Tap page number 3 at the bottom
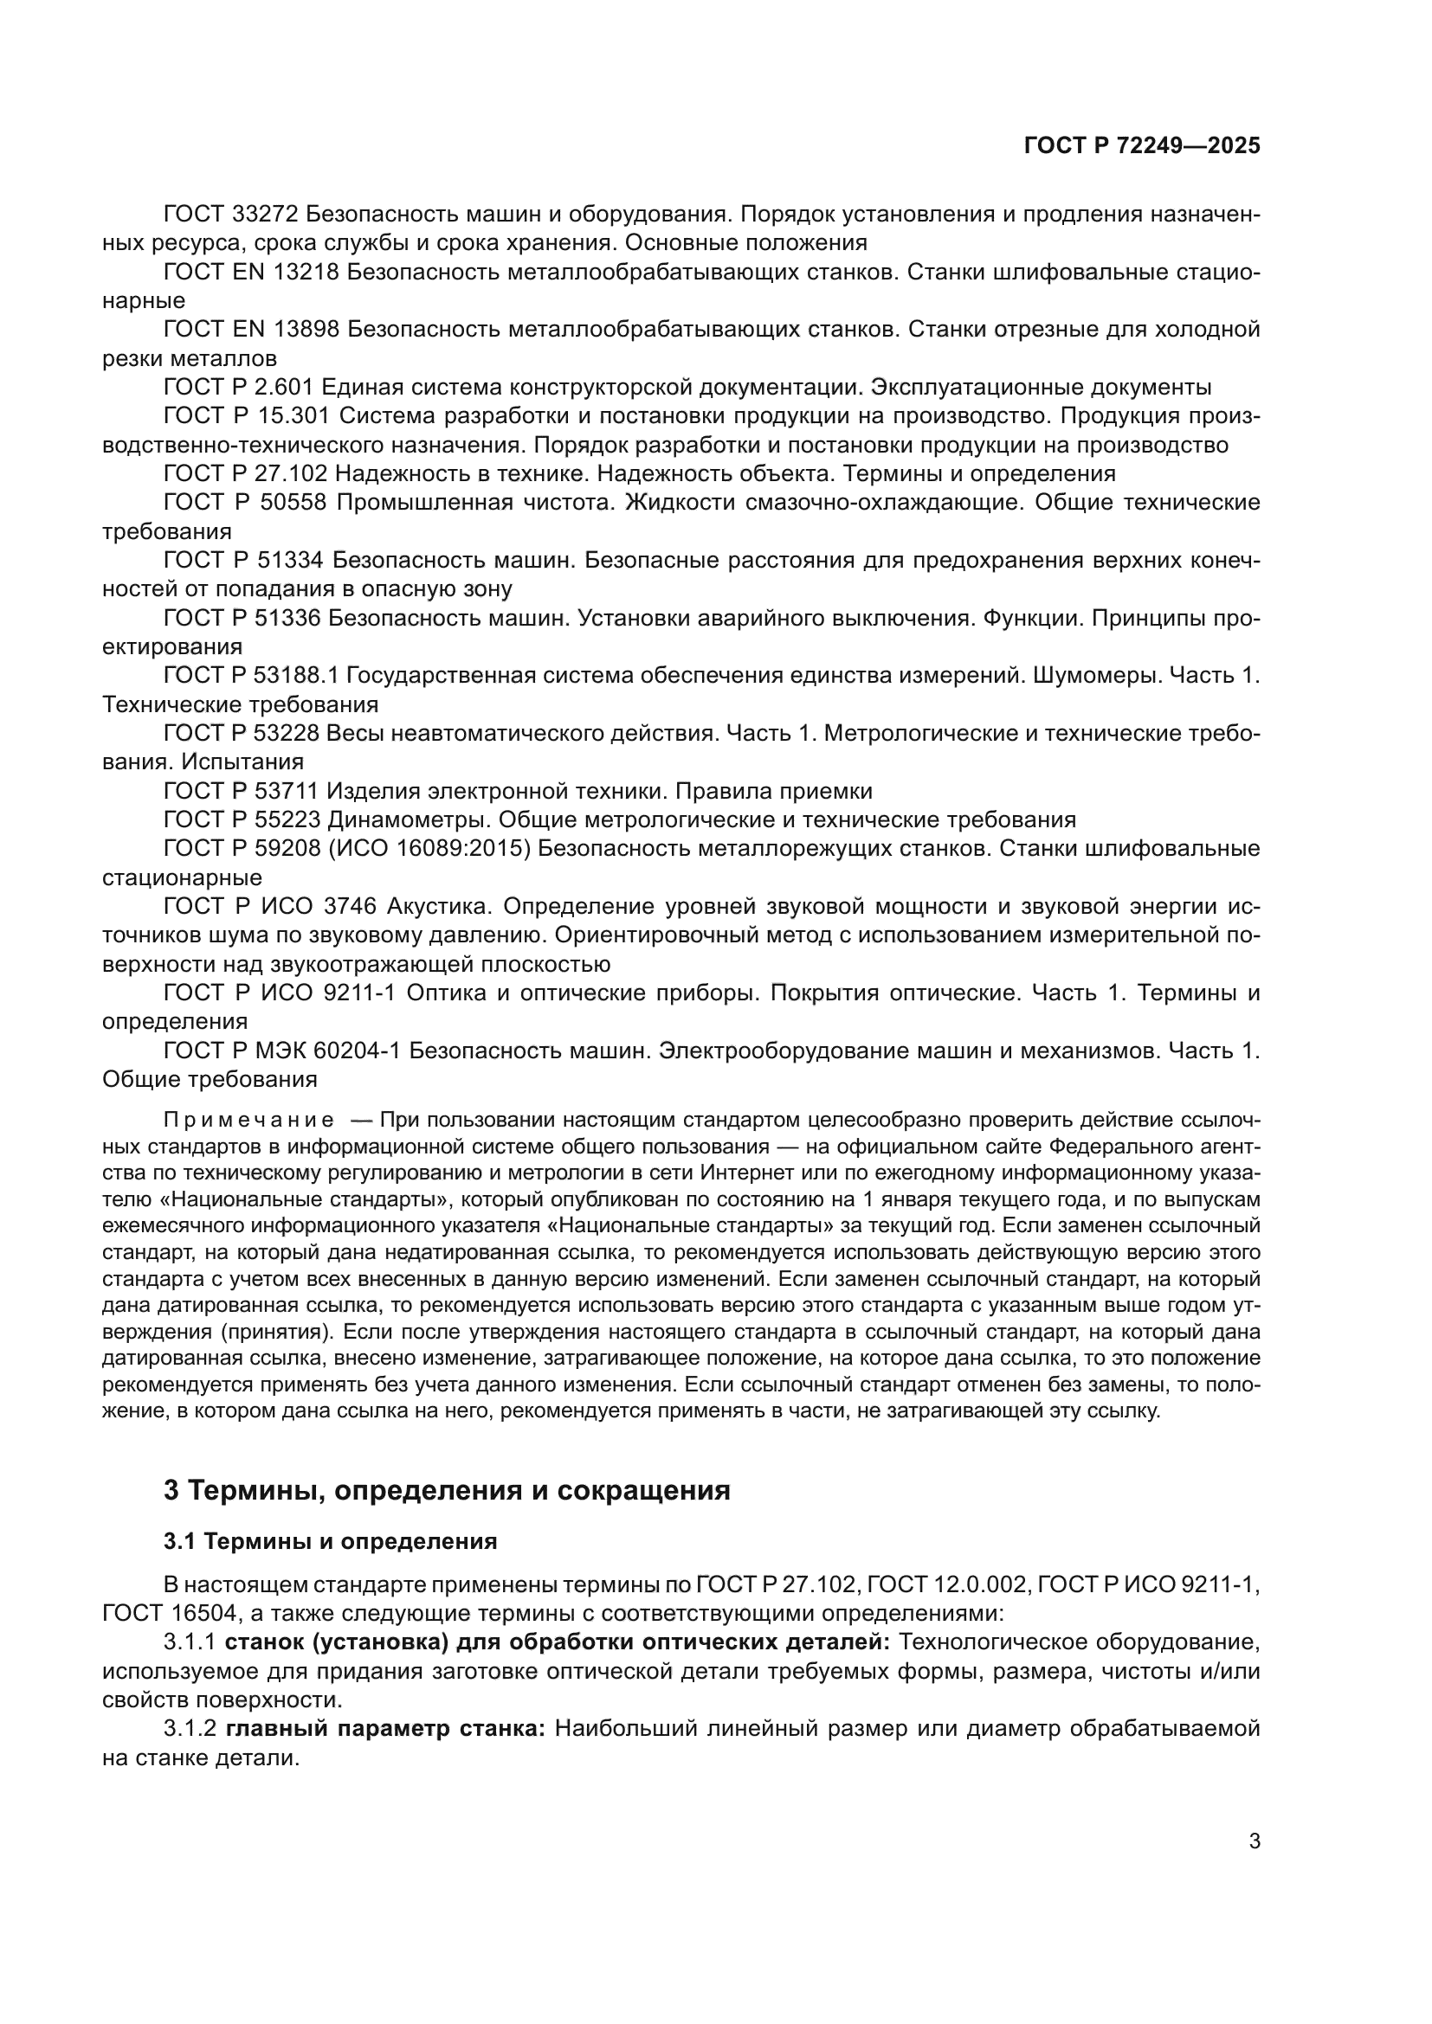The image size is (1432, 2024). (1254, 1841)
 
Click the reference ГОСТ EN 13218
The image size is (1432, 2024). (251, 273)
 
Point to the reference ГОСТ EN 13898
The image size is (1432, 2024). (251, 330)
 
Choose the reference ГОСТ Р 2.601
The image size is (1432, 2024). (239, 387)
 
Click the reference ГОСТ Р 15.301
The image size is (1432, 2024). (246, 416)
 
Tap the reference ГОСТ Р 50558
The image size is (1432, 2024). (245, 503)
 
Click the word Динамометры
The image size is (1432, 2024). (410, 819)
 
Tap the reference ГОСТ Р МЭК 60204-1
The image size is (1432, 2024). (282, 1051)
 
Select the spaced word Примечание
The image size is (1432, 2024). (249, 1121)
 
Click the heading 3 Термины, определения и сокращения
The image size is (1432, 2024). (447, 1491)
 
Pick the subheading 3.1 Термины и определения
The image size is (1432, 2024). (331, 1542)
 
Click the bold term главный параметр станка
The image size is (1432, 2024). (386, 1729)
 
